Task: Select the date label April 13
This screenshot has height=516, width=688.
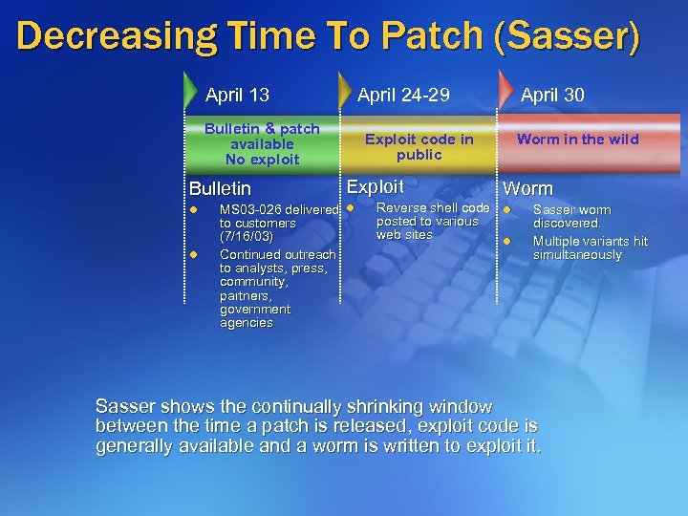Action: point(237,95)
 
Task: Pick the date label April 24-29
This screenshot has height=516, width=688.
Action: point(402,95)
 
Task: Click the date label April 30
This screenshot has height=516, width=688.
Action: point(552,95)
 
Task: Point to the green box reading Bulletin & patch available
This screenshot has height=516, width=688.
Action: point(262,143)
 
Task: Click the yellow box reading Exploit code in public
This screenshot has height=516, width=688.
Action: point(419,146)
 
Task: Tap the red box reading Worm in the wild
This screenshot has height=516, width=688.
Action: point(577,140)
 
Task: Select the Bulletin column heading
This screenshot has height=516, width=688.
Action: point(220,189)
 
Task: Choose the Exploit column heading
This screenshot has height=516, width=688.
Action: point(375,187)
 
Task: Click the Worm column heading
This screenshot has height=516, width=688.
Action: point(527,189)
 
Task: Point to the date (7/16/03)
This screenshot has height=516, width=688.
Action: point(247,236)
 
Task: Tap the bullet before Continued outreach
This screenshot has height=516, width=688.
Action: point(192,254)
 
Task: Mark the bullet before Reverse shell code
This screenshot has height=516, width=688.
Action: point(350,208)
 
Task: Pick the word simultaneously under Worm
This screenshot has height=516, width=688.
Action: point(577,255)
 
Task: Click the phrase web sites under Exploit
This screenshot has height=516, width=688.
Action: point(404,235)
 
